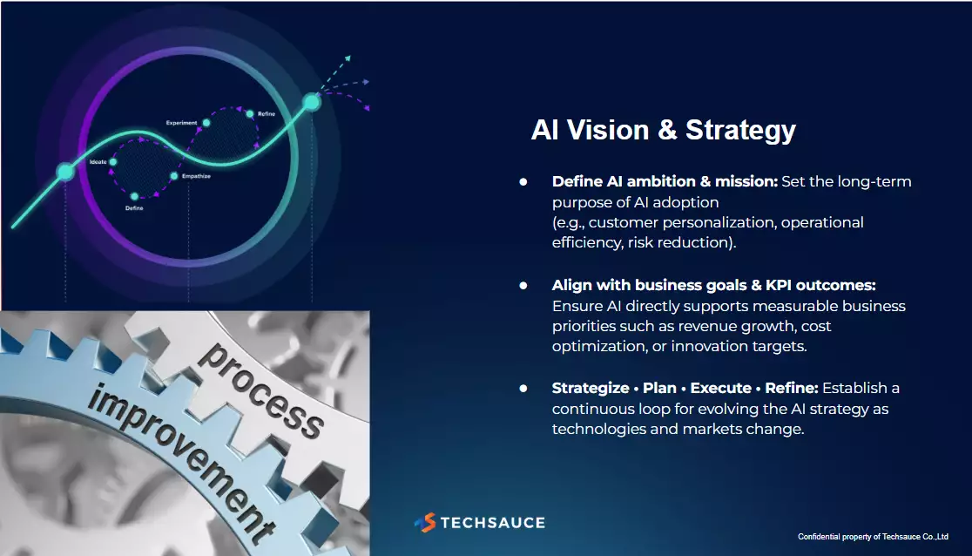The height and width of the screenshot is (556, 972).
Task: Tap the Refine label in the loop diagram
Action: [x=267, y=113]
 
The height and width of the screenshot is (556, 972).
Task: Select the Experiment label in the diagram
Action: [x=182, y=123]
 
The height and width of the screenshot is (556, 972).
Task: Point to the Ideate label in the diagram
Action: [x=98, y=162]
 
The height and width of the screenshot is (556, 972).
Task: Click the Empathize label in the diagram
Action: [x=196, y=176]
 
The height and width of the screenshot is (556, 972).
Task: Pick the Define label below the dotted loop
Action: [x=134, y=208]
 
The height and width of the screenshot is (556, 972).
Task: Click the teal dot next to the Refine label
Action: [x=250, y=114]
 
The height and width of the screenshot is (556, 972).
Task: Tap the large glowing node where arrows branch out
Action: [x=312, y=102]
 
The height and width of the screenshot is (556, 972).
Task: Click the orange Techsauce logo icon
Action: [x=425, y=523]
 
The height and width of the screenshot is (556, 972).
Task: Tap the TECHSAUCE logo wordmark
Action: [x=493, y=523]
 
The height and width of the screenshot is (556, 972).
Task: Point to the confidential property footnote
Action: [x=873, y=537]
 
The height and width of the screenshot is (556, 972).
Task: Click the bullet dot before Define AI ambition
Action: [x=523, y=182]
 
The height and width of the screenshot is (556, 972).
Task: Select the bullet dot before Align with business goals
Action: [x=523, y=286]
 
